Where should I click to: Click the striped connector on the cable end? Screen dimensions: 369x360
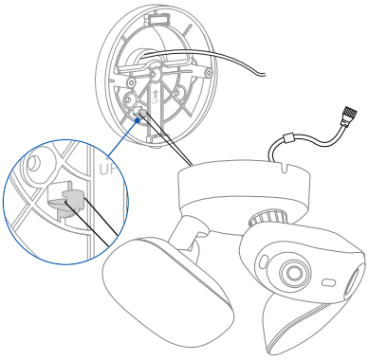tap(349, 113)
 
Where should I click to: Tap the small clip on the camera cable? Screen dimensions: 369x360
tap(288, 138)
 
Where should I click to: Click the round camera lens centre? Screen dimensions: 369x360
tap(294, 272)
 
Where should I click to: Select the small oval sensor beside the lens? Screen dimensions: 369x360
tap(329, 282)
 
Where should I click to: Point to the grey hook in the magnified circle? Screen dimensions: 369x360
tap(74, 200)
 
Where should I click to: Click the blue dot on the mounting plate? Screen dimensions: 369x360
tap(138, 120)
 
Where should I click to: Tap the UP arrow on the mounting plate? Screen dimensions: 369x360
tap(155, 94)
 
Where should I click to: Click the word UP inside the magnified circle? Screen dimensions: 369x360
tap(107, 169)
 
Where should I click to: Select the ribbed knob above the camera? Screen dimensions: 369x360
tap(268, 218)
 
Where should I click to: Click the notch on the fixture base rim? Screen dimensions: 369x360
tap(286, 167)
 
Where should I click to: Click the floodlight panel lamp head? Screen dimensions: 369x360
tap(168, 292)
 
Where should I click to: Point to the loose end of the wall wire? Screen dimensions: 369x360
tap(264, 75)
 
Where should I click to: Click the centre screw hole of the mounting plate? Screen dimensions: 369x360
tap(155, 74)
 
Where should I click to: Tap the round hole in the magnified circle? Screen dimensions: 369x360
tap(33, 163)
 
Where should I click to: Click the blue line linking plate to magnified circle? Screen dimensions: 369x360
tap(123, 137)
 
